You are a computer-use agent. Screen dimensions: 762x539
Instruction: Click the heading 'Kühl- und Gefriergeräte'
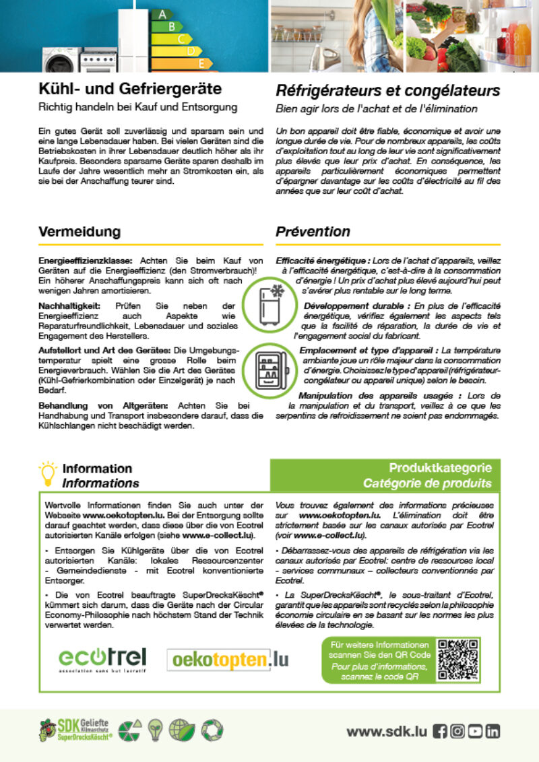coord(129,89)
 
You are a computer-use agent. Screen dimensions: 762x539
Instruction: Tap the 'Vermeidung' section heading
coord(80,232)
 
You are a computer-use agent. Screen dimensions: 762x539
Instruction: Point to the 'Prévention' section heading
coord(313,232)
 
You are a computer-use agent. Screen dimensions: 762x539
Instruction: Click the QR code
coord(457,659)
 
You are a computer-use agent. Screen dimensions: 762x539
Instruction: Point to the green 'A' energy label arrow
coord(161,13)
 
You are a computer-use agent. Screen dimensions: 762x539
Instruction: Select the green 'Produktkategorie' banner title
coord(440,468)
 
